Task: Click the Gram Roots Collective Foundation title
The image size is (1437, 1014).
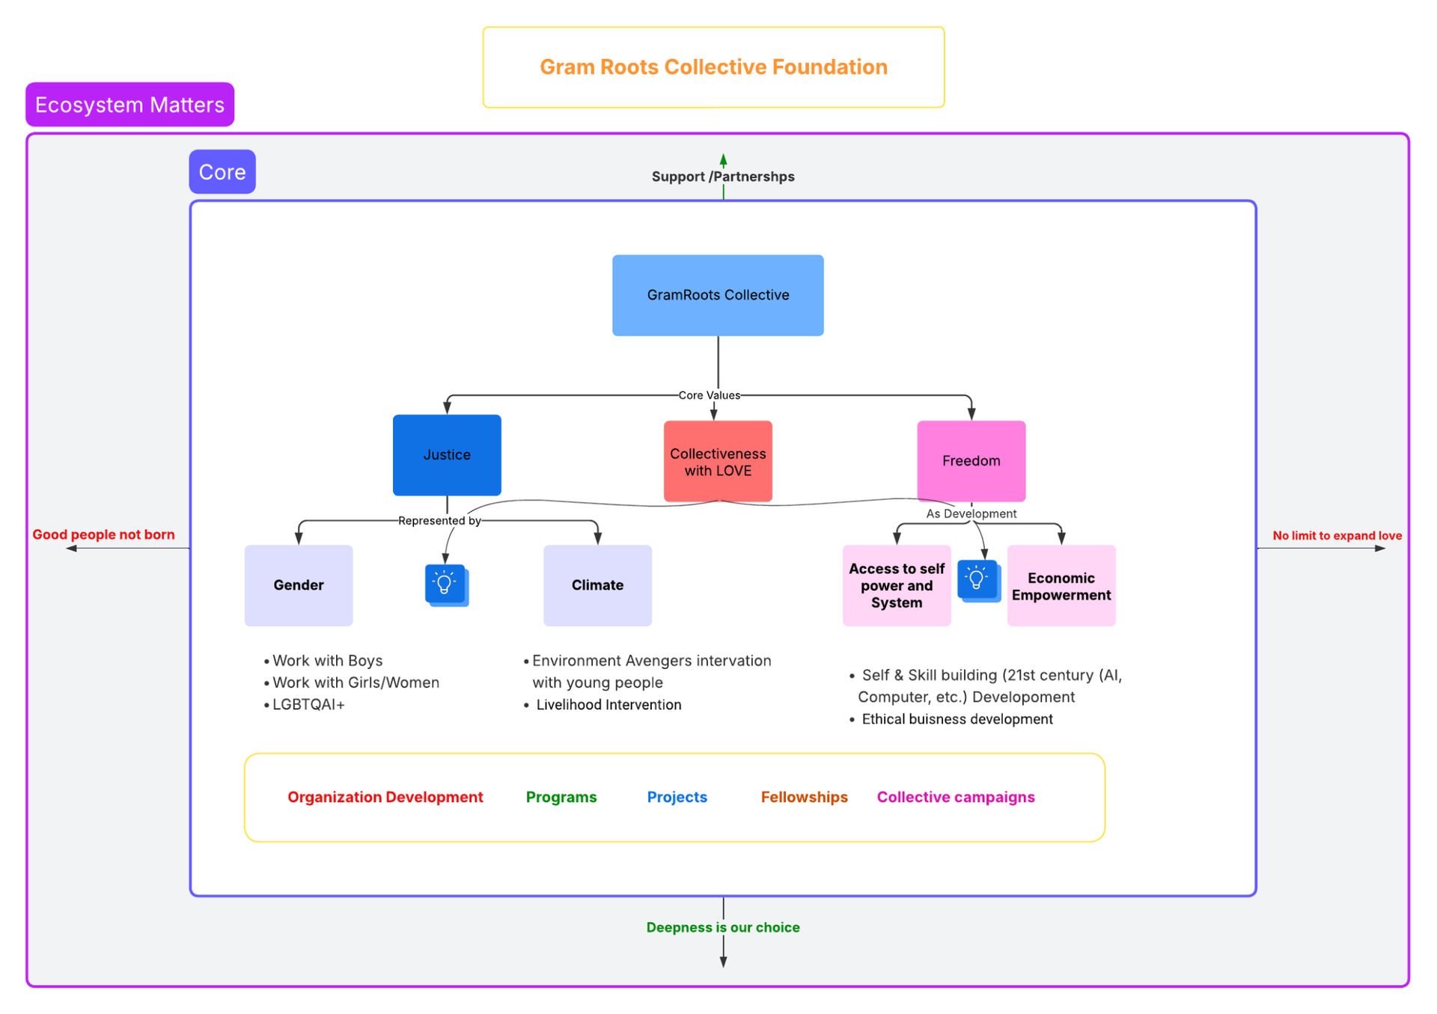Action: (x=713, y=67)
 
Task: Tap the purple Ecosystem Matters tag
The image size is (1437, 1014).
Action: (x=129, y=105)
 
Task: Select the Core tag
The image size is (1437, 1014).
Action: (x=222, y=172)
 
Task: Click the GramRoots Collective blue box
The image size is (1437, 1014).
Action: (x=718, y=295)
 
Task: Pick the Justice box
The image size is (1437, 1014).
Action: (x=447, y=455)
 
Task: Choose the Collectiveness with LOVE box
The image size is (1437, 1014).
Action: (x=718, y=462)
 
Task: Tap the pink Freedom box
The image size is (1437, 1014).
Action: (x=971, y=461)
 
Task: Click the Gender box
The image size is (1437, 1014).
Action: (x=298, y=585)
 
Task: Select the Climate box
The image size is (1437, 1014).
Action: (x=597, y=585)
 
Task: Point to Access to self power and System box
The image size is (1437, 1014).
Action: (x=896, y=585)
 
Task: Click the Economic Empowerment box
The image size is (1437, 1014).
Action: (x=1061, y=586)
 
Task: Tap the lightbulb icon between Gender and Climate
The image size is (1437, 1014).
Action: (x=445, y=584)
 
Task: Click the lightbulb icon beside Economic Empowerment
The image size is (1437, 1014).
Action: (x=977, y=579)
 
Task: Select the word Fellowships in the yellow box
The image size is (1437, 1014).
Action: (x=804, y=797)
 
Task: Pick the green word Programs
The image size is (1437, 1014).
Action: (x=561, y=797)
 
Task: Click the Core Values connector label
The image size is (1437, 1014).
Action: (x=709, y=395)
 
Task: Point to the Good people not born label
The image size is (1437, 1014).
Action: (x=103, y=534)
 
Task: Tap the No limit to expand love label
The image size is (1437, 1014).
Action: (x=1337, y=535)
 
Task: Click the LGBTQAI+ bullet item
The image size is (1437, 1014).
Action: (x=308, y=705)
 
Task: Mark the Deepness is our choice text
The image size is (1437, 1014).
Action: (x=722, y=927)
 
